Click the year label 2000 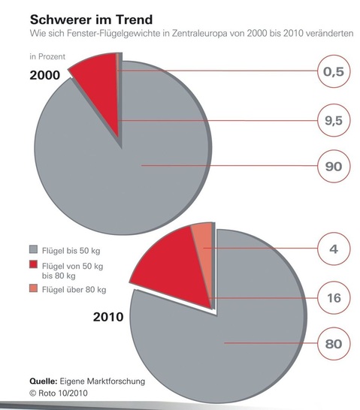(46, 76)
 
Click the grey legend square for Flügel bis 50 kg (34, 249)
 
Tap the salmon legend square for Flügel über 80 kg (34, 289)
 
